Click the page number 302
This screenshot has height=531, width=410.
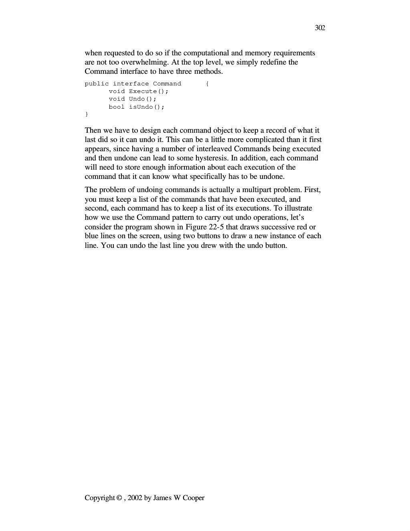pyautogui.click(x=320, y=28)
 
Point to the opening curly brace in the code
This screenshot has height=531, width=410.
pyautogui.click(x=207, y=84)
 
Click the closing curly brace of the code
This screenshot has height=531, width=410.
pyautogui.click(x=87, y=115)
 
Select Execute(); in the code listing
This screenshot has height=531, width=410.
pyautogui.click(x=148, y=91)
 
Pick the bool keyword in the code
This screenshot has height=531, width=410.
pyautogui.click(x=117, y=107)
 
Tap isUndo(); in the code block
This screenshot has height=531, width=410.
pyautogui.click(x=147, y=107)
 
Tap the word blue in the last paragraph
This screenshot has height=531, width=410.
pyautogui.click(x=91, y=236)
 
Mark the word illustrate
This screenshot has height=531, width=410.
pyautogui.click(x=299, y=208)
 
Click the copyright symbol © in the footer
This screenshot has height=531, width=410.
pyautogui.click(x=119, y=498)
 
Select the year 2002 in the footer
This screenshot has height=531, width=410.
pyautogui.click(x=135, y=498)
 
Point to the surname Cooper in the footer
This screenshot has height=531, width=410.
pyautogui.click(x=194, y=498)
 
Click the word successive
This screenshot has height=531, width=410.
pyautogui.click(x=278, y=227)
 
